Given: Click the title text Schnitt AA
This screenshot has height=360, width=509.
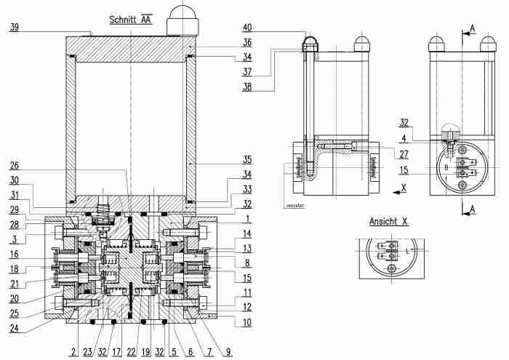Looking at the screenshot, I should tap(130, 20).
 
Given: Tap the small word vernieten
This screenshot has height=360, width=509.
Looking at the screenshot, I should tap(294, 206).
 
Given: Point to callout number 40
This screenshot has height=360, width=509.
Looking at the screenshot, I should tap(247, 28).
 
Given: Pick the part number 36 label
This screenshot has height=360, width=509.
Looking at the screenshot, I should tap(247, 43).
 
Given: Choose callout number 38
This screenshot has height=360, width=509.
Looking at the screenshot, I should tap(247, 85).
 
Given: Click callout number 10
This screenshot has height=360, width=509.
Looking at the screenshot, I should tap(247, 320).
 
